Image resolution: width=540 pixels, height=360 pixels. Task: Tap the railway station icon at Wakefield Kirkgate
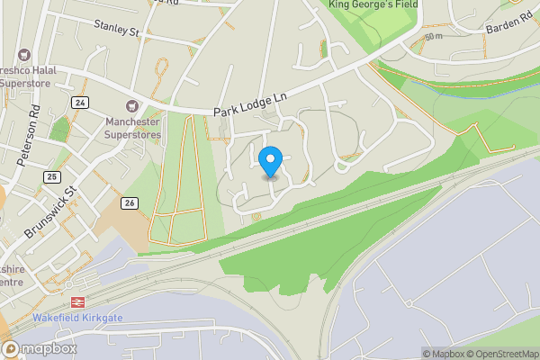[76, 302]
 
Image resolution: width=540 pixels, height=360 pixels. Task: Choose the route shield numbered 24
[80, 101]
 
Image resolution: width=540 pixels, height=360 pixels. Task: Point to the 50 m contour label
[436, 37]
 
